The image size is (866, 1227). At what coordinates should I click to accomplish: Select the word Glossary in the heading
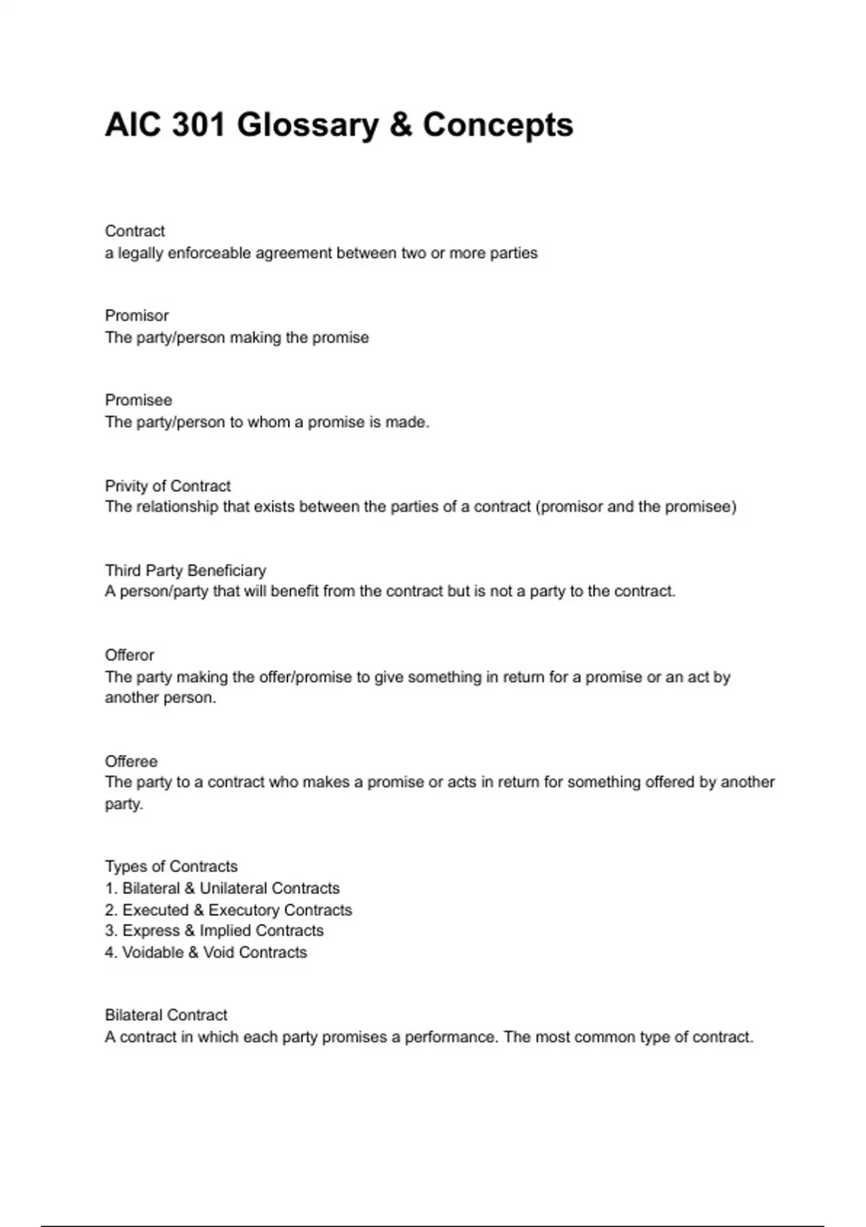pos(307,125)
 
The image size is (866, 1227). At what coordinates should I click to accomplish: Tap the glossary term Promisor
pos(136,315)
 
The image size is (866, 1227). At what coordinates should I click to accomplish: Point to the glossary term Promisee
pos(139,400)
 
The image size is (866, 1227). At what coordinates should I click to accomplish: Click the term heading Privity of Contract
pos(167,486)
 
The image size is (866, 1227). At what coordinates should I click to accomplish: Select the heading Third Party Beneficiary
pos(185,570)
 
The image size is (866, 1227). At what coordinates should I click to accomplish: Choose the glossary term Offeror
pos(130,655)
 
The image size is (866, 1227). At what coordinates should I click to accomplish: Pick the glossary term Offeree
pos(131,761)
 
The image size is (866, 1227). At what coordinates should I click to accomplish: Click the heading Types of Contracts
pos(171,866)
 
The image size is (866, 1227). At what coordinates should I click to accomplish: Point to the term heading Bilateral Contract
pos(166,1015)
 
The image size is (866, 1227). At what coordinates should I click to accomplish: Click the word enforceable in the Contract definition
pos(209,253)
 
